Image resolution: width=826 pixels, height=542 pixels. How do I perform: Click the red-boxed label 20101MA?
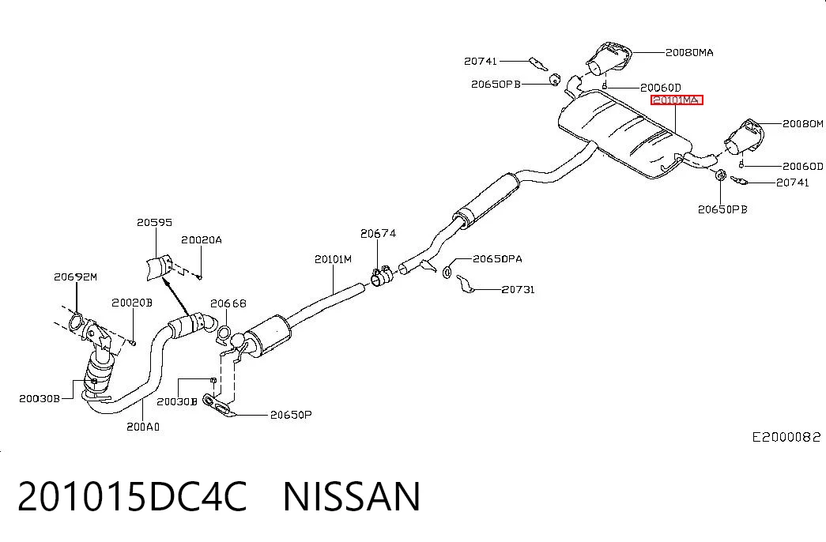tap(677, 100)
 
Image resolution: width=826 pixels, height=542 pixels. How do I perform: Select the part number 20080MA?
tap(689, 53)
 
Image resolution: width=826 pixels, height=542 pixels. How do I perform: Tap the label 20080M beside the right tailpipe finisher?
tap(802, 124)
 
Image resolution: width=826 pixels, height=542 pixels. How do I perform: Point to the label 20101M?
tap(333, 259)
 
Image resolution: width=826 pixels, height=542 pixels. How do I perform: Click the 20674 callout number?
tap(378, 233)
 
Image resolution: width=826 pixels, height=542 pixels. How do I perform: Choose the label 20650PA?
tap(497, 258)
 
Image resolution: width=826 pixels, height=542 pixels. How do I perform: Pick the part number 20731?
tap(518, 289)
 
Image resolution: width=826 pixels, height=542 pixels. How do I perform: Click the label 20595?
tap(154, 222)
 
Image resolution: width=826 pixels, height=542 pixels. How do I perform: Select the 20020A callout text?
tap(202, 240)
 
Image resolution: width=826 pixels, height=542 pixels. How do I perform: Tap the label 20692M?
tap(75, 277)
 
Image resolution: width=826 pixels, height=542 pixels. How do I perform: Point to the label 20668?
tap(228, 303)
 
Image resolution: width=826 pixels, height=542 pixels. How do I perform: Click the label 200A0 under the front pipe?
tap(143, 427)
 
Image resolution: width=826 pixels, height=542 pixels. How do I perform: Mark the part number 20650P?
tap(291, 415)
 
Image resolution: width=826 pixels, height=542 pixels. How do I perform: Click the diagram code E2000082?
tap(786, 437)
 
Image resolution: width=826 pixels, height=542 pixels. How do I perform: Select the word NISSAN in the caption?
tap(352, 496)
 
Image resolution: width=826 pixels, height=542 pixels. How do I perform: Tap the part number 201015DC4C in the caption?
tap(132, 496)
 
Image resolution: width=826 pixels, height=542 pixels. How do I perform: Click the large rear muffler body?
tap(624, 134)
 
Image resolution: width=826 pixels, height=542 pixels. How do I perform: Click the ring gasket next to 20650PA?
tap(447, 273)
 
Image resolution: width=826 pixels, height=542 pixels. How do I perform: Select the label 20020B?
tap(132, 303)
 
